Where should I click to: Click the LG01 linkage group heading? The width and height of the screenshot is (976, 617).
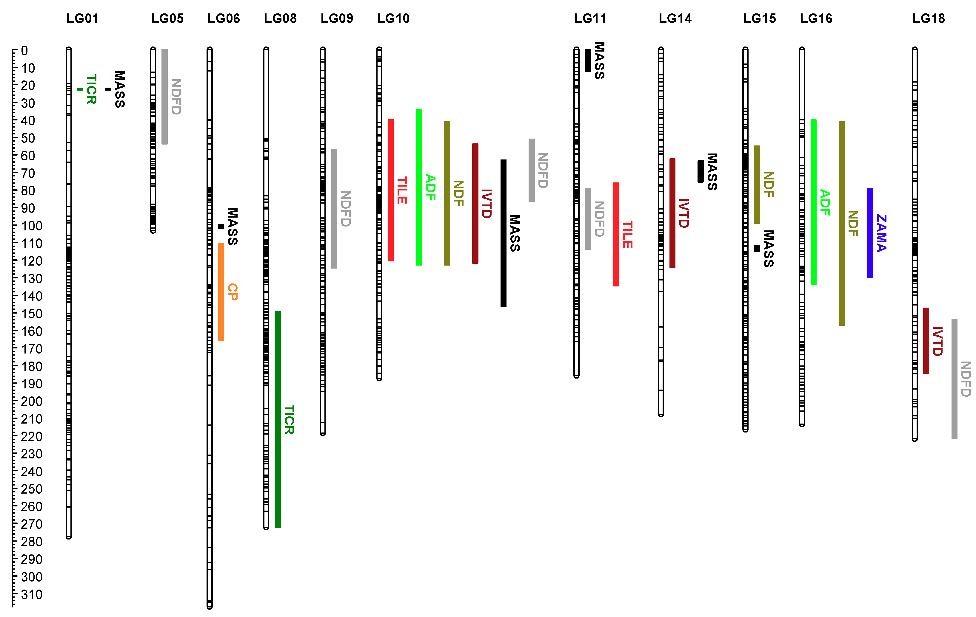click(82, 18)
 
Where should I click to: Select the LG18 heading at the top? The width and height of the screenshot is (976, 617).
click(929, 18)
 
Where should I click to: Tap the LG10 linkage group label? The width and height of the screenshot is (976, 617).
click(393, 18)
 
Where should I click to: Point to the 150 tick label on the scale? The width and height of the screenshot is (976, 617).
click(32, 314)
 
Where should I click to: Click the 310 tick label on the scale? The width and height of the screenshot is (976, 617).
click(32, 595)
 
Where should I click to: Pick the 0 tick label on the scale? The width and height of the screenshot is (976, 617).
click(24, 51)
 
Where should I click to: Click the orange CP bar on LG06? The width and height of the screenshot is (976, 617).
click(221, 292)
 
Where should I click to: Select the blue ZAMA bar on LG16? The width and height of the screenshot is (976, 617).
click(870, 233)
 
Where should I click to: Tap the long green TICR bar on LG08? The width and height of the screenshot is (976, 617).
click(278, 419)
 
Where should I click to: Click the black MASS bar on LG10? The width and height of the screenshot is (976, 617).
click(504, 233)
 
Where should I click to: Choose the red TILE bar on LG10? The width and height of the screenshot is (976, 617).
click(391, 190)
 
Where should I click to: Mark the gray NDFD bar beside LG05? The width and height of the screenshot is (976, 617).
click(164, 97)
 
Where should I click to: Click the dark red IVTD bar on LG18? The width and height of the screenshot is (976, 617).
click(926, 341)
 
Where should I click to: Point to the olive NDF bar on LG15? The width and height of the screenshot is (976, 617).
click(757, 185)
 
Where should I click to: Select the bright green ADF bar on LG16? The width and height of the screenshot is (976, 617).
click(813, 202)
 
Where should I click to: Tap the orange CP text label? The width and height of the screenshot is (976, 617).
click(233, 292)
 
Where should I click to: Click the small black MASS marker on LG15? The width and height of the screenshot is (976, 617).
click(757, 249)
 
